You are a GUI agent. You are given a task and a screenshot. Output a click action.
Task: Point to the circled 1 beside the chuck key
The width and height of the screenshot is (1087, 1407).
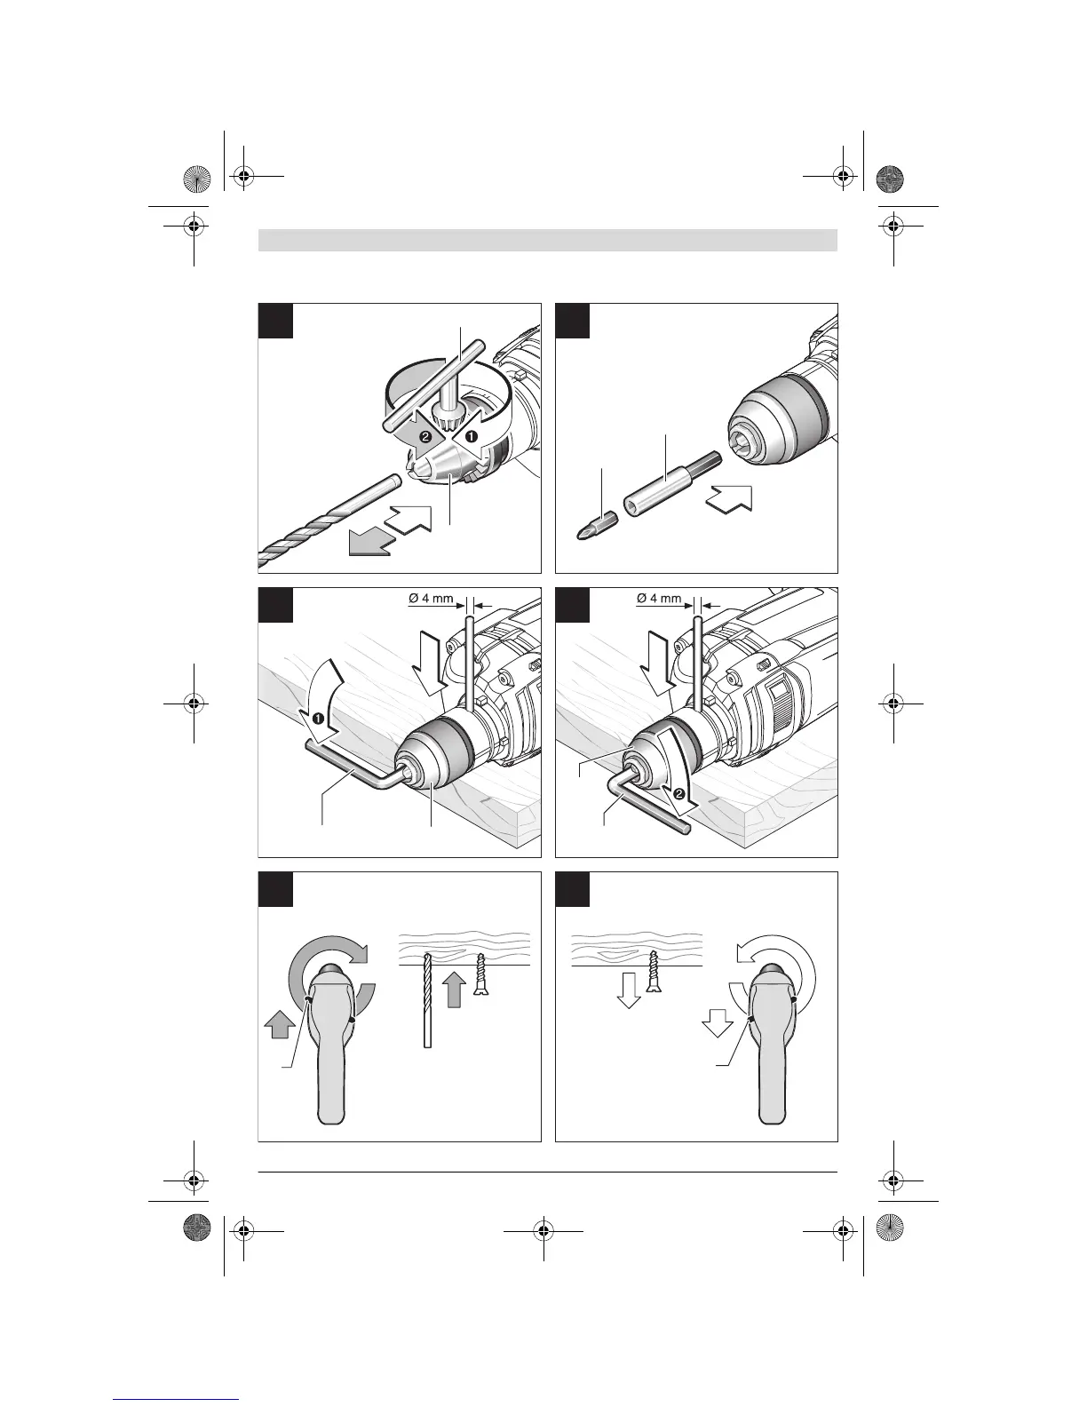(473, 437)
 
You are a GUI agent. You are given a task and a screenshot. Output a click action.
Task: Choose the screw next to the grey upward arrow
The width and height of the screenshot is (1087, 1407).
(480, 977)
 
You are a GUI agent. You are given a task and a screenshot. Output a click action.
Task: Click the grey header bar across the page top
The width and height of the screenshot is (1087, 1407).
(548, 240)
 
